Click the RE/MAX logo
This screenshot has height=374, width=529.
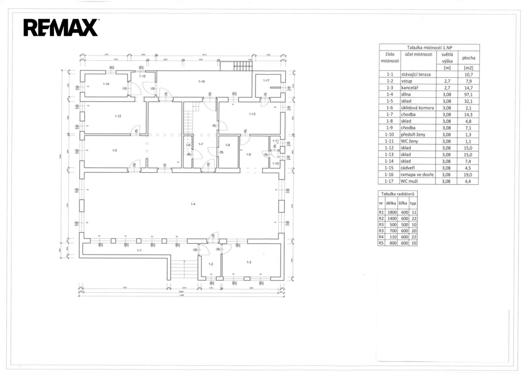pyautogui.click(x=60, y=27)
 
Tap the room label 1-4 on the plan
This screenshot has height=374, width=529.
pyautogui.click(x=193, y=204)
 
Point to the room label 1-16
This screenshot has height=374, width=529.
pyautogui.click(x=201, y=81)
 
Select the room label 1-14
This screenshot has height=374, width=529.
pyautogui.click(x=106, y=83)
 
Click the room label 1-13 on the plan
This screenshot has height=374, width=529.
pyautogui.click(x=252, y=114)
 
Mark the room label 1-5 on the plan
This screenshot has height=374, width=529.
pyautogui.click(x=115, y=150)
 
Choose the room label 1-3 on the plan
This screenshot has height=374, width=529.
pyautogui.click(x=249, y=262)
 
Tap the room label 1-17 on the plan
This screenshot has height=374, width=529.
pyautogui.click(x=266, y=81)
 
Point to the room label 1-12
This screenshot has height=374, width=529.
pyautogui.click(x=118, y=116)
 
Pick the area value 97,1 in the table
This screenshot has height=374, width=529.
pyautogui.click(x=469, y=94)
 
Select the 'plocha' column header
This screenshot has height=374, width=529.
pyautogui.click(x=469, y=57)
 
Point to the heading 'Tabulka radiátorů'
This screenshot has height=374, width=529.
pyautogui.click(x=398, y=194)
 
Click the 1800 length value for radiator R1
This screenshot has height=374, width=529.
pyautogui.click(x=391, y=212)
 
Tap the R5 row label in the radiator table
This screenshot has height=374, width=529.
pyautogui.click(x=381, y=243)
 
